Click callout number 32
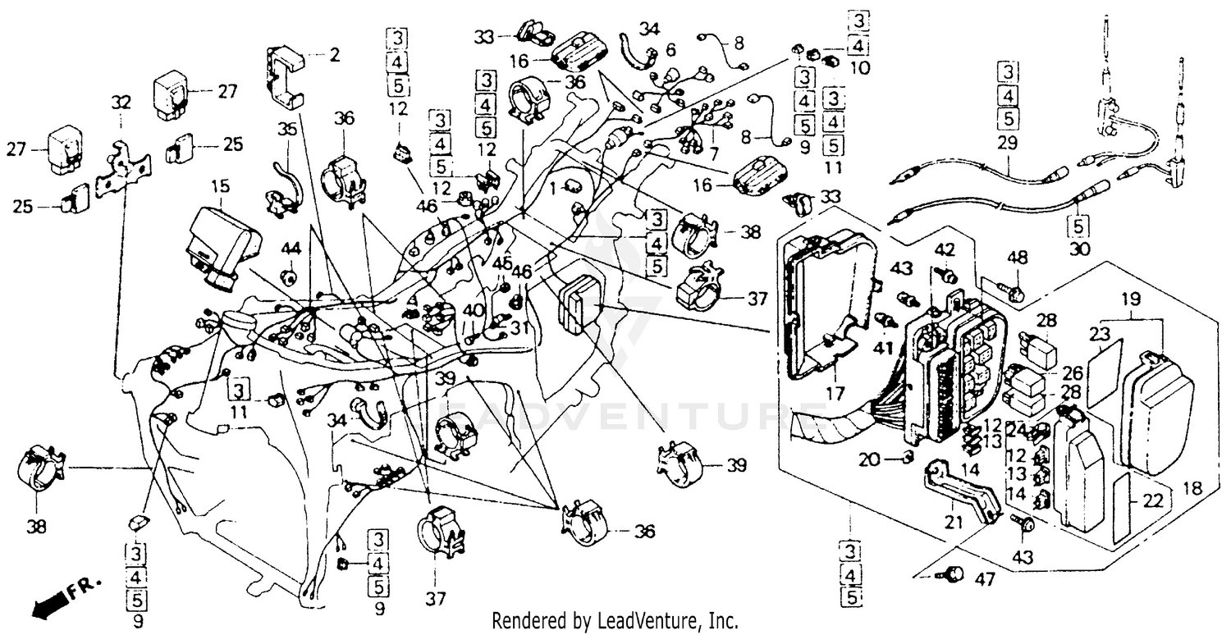point(121,102)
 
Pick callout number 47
point(985,580)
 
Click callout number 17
point(834,393)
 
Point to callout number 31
point(515,327)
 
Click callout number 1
point(552,188)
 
